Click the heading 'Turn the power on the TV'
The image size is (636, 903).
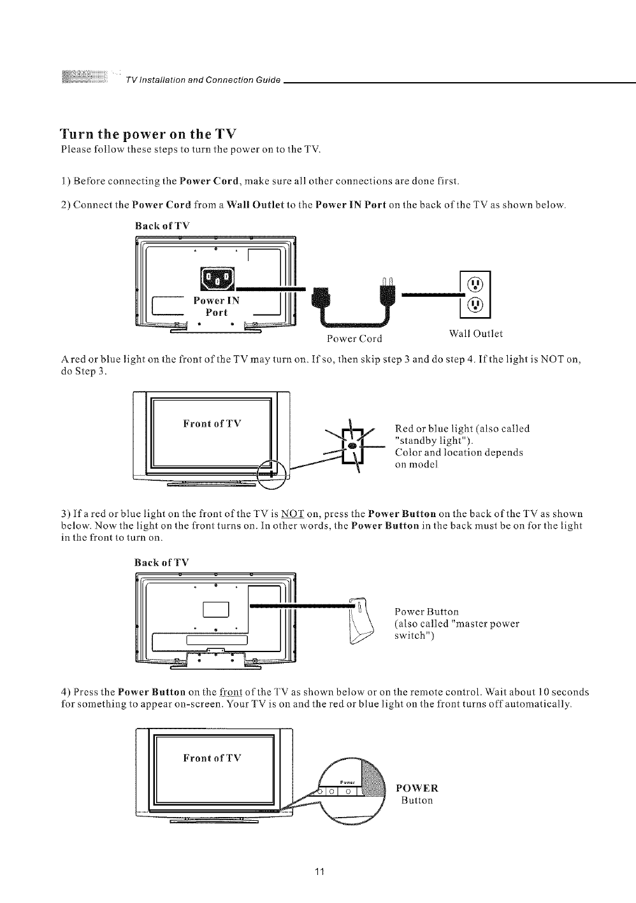(x=148, y=134)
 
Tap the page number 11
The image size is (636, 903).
(x=321, y=871)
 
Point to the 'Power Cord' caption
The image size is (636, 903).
(x=354, y=338)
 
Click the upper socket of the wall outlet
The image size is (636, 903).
(x=475, y=285)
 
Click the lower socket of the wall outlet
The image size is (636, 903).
(x=475, y=305)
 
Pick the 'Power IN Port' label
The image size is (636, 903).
(x=217, y=306)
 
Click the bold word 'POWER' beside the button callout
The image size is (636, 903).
(x=417, y=788)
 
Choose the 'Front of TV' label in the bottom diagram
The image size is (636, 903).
(x=212, y=758)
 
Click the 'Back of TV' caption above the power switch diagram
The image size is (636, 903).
(x=162, y=562)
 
